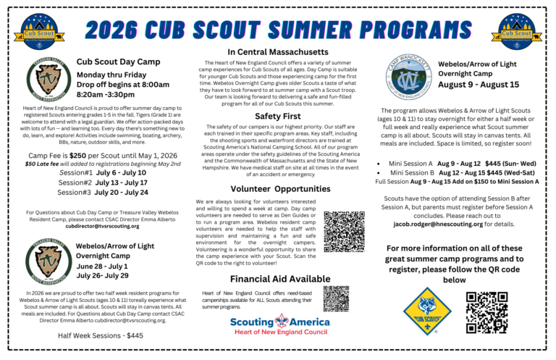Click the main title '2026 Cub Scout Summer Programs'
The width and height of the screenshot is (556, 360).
[x=279, y=29]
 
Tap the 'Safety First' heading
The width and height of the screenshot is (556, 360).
[x=278, y=116]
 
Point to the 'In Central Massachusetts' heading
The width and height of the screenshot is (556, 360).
[x=278, y=52]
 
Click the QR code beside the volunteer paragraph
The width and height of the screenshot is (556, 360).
[x=344, y=231]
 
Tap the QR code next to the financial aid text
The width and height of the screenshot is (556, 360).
[x=336, y=298]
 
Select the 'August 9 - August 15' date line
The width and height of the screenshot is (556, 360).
[x=479, y=85]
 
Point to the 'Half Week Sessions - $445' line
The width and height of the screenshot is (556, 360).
[x=101, y=335]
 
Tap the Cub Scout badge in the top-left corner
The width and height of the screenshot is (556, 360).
[x=40, y=33]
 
